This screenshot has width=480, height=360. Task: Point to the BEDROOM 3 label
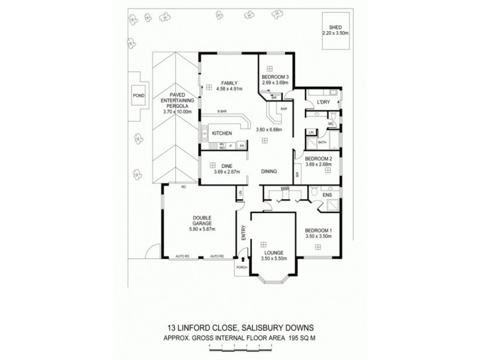point(275,77)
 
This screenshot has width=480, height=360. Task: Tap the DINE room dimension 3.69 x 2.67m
point(227,172)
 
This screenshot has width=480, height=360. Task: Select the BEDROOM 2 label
point(323,158)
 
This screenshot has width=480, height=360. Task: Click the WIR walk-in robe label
point(286,190)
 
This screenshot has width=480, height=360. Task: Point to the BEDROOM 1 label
point(318,230)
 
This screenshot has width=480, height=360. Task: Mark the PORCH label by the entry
point(242,268)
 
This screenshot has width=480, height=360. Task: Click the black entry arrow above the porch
point(243,259)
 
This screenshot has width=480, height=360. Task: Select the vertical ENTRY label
point(244,232)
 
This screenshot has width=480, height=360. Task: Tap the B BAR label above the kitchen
point(221,112)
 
